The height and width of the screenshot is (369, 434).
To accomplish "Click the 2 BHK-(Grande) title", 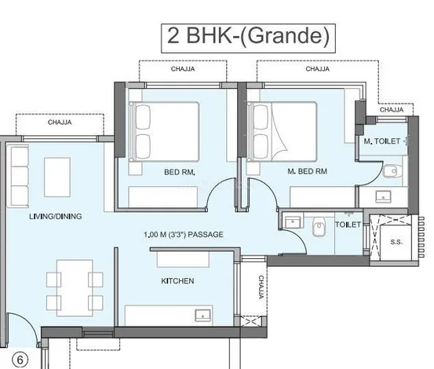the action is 248,36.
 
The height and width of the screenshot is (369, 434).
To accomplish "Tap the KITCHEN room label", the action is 177,281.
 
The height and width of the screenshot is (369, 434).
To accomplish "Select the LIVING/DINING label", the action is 56,216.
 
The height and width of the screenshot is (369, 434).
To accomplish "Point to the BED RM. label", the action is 180,172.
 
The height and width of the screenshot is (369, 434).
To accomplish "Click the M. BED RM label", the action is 307,171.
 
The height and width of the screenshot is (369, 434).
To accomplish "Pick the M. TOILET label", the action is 381,141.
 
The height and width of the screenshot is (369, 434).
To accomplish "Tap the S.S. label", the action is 396,243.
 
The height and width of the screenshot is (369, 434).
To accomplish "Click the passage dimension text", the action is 183,235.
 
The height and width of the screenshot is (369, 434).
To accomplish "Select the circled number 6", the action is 20,360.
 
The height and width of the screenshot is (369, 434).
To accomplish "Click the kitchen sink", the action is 203,316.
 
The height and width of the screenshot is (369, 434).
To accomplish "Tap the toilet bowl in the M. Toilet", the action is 391,170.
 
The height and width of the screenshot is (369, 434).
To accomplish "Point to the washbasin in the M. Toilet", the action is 383,196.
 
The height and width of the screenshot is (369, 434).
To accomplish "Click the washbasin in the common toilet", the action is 293,222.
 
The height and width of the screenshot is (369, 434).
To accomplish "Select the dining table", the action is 75,288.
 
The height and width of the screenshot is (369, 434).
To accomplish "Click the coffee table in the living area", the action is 57,177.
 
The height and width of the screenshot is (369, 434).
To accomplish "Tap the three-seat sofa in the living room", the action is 20,177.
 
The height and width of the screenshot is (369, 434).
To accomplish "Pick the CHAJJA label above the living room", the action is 60,122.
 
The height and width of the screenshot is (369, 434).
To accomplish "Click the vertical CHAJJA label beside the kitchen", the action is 261,287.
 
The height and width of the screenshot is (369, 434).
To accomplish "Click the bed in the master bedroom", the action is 282,132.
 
